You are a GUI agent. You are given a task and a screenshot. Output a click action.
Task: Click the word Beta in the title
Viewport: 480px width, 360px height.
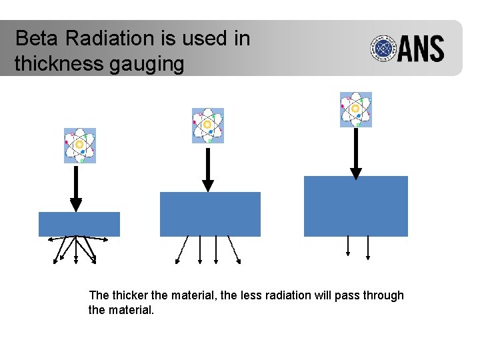(37, 39)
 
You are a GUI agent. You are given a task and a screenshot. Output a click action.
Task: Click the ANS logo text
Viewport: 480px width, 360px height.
(421, 49)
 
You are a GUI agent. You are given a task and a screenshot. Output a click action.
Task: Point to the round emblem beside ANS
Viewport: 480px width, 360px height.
(384, 49)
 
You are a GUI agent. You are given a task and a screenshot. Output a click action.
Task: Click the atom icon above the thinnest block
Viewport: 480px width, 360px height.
(80, 145)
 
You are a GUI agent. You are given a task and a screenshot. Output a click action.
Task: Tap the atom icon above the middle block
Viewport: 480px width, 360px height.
(208, 125)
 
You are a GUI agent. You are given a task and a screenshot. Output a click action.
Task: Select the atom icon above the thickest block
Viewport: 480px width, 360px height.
(355, 109)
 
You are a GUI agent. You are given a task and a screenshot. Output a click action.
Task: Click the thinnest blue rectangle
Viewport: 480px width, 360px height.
(79, 224)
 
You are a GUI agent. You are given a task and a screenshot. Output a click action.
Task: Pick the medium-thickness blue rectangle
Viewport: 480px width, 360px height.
(210, 214)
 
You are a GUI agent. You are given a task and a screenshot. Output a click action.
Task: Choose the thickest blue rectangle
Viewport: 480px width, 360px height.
(355, 206)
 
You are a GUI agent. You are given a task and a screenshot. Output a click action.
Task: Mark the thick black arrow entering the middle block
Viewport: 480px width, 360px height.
(208, 169)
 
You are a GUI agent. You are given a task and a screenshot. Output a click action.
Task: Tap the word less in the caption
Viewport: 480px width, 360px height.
(231, 295)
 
